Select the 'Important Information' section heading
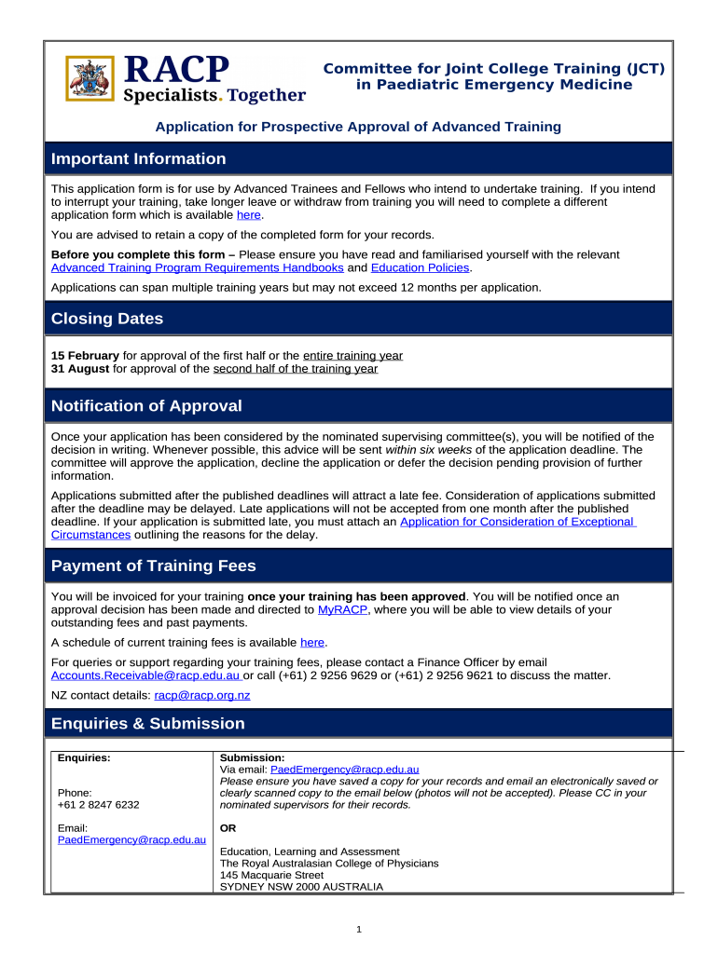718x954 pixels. (138, 158)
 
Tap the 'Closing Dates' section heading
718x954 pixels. (107, 319)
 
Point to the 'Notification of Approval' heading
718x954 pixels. (146, 406)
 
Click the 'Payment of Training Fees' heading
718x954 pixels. (153, 566)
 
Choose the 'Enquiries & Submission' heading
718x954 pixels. (148, 724)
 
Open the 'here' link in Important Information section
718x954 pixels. (249, 214)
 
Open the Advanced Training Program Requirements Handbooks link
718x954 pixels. (197, 268)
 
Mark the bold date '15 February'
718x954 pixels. (85, 356)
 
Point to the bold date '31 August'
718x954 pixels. (79, 369)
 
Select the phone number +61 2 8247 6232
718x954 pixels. (98, 805)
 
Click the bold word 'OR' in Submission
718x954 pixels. (228, 828)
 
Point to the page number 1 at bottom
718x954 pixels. (359, 930)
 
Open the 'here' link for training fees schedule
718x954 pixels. (312, 643)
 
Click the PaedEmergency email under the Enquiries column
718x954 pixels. (131, 840)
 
